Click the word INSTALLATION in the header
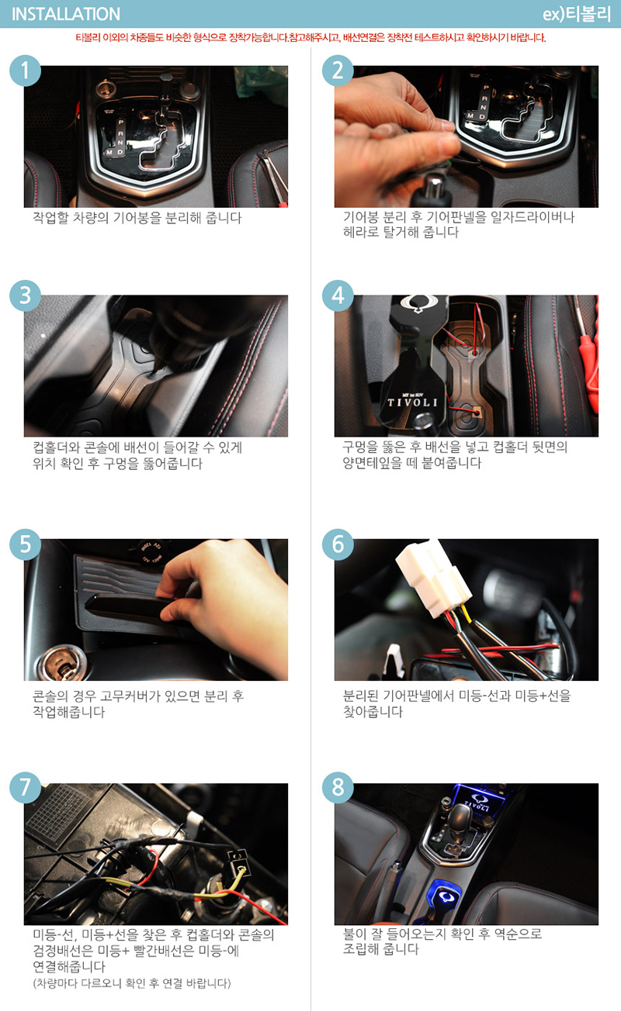click(x=65, y=14)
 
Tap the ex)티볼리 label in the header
click(x=577, y=14)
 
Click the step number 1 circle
click(x=26, y=71)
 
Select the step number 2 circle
click(x=338, y=71)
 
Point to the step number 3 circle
click(x=26, y=295)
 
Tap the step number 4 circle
click(x=338, y=295)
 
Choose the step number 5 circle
click(x=26, y=544)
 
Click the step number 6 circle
click(x=338, y=544)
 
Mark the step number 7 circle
click(x=26, y=787)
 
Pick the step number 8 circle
click(x=338, y=787)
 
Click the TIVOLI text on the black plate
click(x=412, y=402)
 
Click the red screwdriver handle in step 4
click(x=589, y=366)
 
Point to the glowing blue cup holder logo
click(x=446, y=896)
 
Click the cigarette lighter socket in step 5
click(x=61, y=663)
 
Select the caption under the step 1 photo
click(x=137, y=218)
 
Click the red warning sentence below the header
click(x=310, y=37)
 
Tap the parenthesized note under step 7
click(x=132, y=983)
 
